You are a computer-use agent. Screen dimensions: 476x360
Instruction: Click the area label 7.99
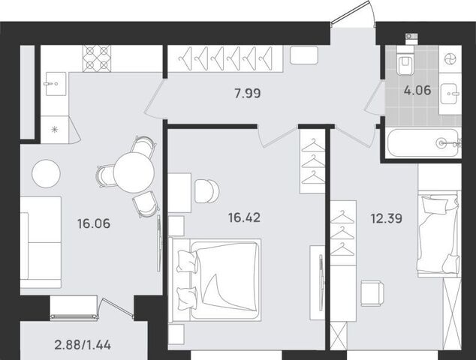248,93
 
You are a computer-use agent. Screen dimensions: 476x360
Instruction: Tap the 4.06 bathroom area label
417,90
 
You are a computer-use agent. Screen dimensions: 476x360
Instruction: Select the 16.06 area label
94,223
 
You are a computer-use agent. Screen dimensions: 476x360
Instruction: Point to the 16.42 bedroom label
244,217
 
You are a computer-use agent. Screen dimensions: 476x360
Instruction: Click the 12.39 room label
387,218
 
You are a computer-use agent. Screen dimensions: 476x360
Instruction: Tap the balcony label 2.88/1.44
83,345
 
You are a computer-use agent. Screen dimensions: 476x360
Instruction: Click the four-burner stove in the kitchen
97,58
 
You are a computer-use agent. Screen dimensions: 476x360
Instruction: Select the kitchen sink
56,84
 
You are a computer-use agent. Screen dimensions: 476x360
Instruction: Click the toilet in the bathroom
405,64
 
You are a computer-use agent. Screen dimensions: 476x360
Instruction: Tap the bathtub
423,142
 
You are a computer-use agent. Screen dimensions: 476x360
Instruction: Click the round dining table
134,172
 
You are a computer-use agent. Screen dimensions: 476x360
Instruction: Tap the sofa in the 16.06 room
41,242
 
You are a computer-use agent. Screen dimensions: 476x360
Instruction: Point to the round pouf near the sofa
46,173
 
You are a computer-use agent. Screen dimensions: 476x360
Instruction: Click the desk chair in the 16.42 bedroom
207,191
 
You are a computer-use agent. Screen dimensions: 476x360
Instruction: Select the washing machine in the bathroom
450,58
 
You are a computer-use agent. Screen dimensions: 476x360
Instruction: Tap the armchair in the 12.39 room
372,293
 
